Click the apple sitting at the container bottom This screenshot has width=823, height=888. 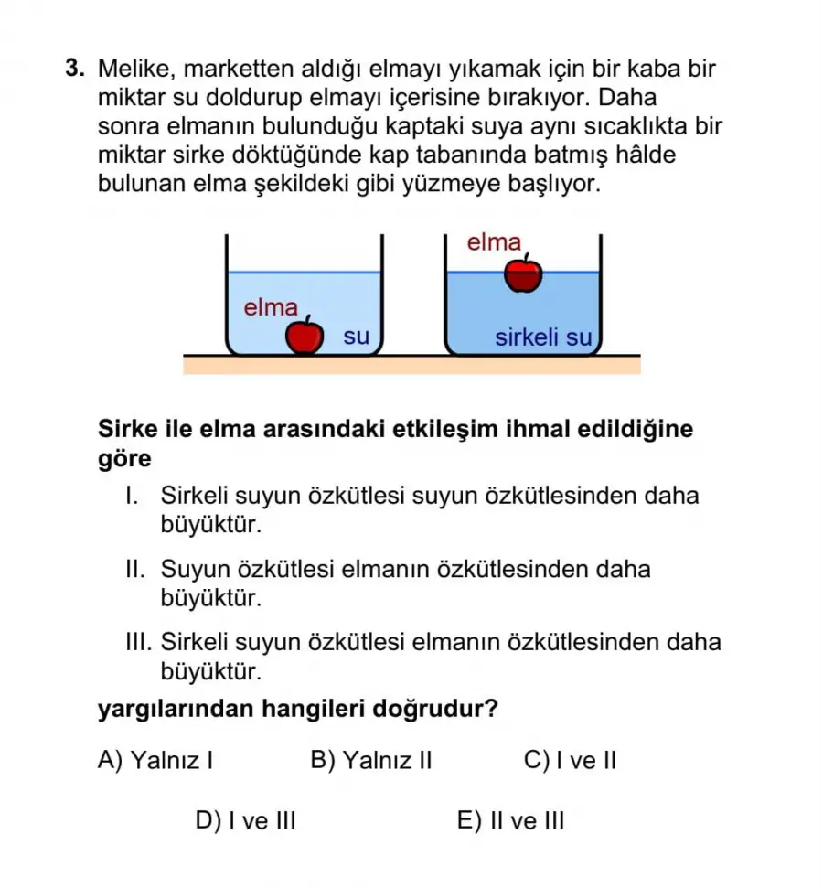click(x=305, y=336)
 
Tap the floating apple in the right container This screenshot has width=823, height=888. click(x=523, y=275)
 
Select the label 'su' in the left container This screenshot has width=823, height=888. click(x=357, y=337)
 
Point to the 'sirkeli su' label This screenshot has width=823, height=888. click(x=543, y=337)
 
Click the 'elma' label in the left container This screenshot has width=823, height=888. click(x=271, y=307)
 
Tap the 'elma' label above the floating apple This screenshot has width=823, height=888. click(x=494, y=242)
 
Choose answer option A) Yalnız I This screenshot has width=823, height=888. click(x=155, y=761)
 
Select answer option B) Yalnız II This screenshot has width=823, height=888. click(x=371, y=761)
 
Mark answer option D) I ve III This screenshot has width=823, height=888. click(x=246, y=820)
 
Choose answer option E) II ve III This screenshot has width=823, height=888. click(x=510, y=820)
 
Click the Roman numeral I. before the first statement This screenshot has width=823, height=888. click(x=132, y=497)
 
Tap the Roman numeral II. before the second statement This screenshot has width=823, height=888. click(x=135, y=570)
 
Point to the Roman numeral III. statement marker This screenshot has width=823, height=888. click(x=139, y=642)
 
